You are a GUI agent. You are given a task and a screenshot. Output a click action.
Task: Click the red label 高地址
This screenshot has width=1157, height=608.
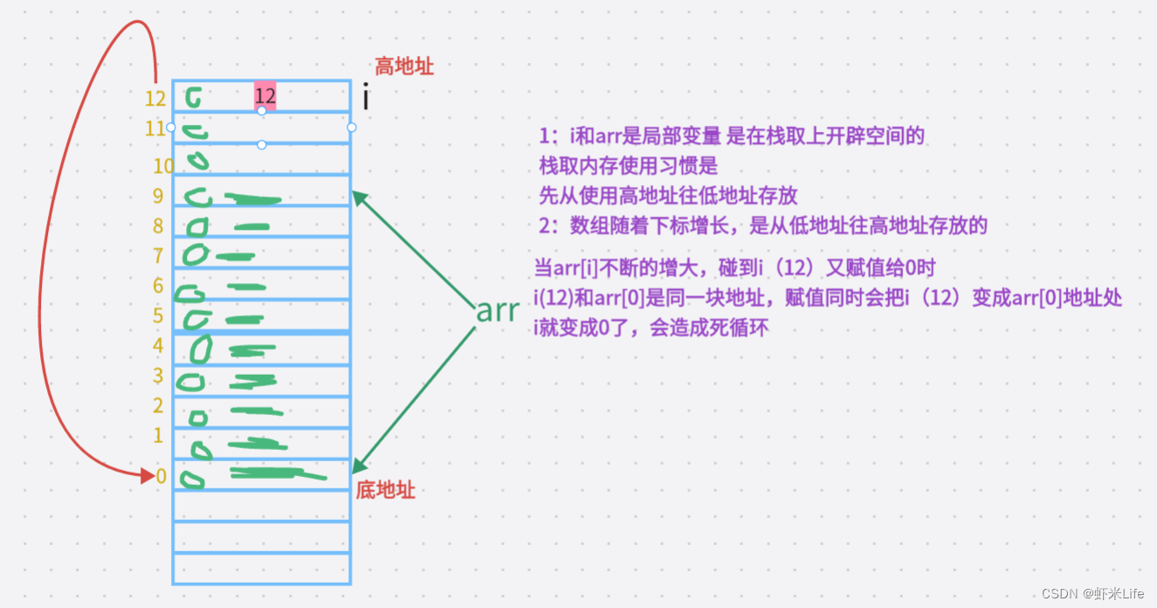[x=403, y=66]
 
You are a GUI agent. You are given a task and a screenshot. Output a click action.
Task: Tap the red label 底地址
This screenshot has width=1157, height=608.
[x=385, y=490]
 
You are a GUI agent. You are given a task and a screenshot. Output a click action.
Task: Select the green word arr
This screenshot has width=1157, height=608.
[x=497, y=311]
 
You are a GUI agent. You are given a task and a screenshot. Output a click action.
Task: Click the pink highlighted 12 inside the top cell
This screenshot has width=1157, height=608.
[x=265, y=96]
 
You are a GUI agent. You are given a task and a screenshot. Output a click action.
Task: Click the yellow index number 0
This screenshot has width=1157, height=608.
[x=161, y=476]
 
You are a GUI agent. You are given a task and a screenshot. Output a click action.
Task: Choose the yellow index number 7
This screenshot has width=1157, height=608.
[x=158, y=256]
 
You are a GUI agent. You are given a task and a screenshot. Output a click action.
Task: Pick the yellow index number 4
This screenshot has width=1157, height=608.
[x=158, y=345]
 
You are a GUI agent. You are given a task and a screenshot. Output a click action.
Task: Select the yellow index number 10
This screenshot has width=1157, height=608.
[x=163, y=166]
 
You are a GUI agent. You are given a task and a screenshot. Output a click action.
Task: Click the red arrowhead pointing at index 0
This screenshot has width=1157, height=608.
[x=148, y=476]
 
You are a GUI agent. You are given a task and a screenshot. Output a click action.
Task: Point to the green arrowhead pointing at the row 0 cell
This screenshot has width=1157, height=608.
[x=358, y=469]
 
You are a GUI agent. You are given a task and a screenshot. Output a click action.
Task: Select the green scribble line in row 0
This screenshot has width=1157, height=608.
[x=276, y=474]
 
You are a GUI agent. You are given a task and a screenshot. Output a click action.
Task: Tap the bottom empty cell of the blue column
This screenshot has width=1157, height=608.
[x=262, y=568]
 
